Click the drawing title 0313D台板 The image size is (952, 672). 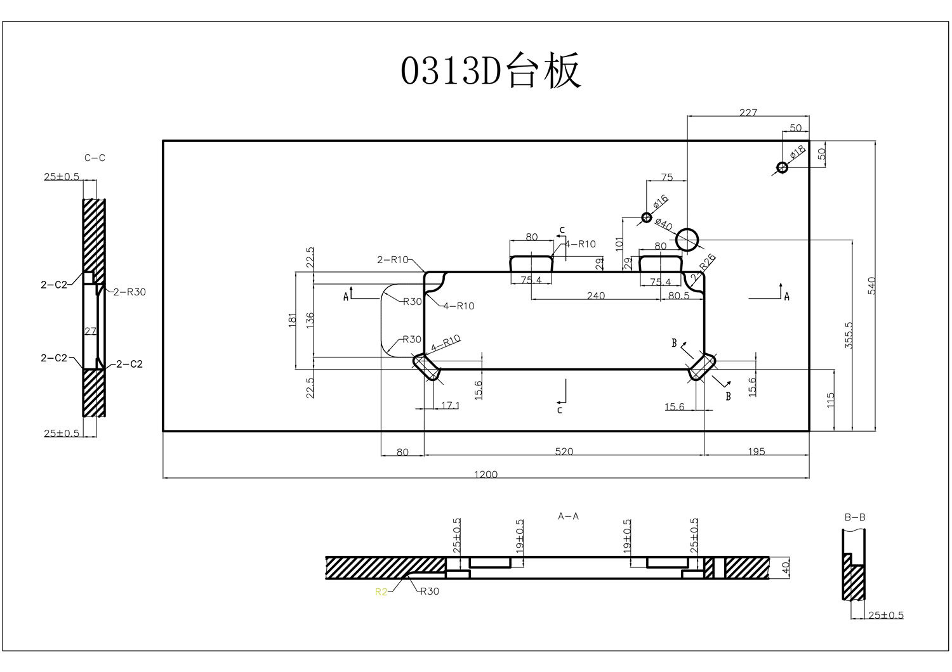(491, 71)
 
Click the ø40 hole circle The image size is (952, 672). (687, 240)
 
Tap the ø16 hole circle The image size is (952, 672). (646, 217)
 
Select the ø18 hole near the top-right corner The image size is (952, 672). (782, 167)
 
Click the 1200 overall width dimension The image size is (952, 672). (486, 474)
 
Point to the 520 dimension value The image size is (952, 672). (564, 451)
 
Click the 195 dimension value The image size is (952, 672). (757, 451)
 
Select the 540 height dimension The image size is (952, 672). (871, 285)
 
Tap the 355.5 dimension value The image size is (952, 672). (849, 335)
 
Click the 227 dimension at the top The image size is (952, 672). (748, 112)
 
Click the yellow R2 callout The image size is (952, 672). (381, 592)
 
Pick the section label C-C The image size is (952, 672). (95, 158)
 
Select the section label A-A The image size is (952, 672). (568, 516)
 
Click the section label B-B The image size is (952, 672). (854, 517)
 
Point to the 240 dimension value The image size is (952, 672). (595, 295)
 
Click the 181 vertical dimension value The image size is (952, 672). (293, 320)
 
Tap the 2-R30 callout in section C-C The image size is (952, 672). (129, 292)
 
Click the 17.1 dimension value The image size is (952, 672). (449, 404)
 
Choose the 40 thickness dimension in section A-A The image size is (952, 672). (786, 567)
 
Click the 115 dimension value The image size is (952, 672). (831, 400)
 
